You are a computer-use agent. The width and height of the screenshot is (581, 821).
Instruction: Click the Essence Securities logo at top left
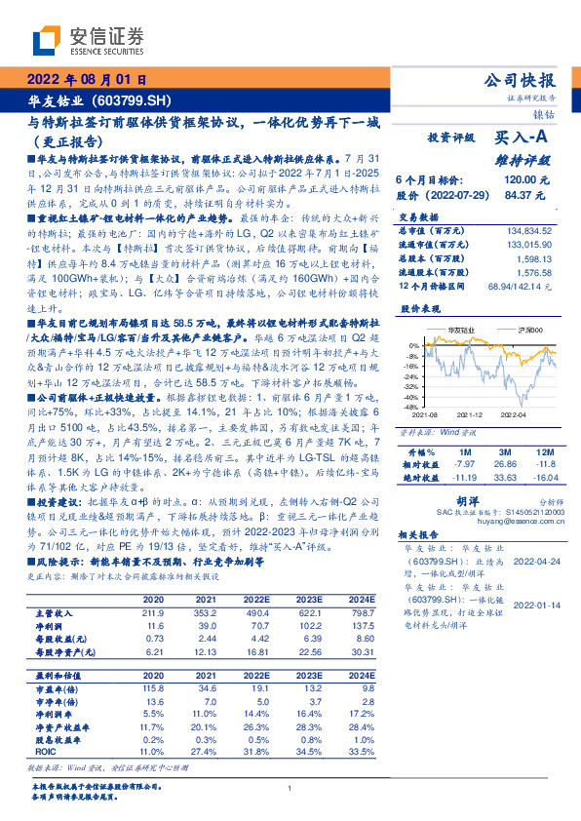(x=89, y=41)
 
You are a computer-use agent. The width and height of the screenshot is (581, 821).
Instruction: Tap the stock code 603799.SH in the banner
(x=134, y=100)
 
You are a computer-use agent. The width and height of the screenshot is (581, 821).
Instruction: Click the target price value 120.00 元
(x=528, y=180)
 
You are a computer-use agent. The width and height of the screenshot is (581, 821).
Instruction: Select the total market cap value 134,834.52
(x=528, y=230)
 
